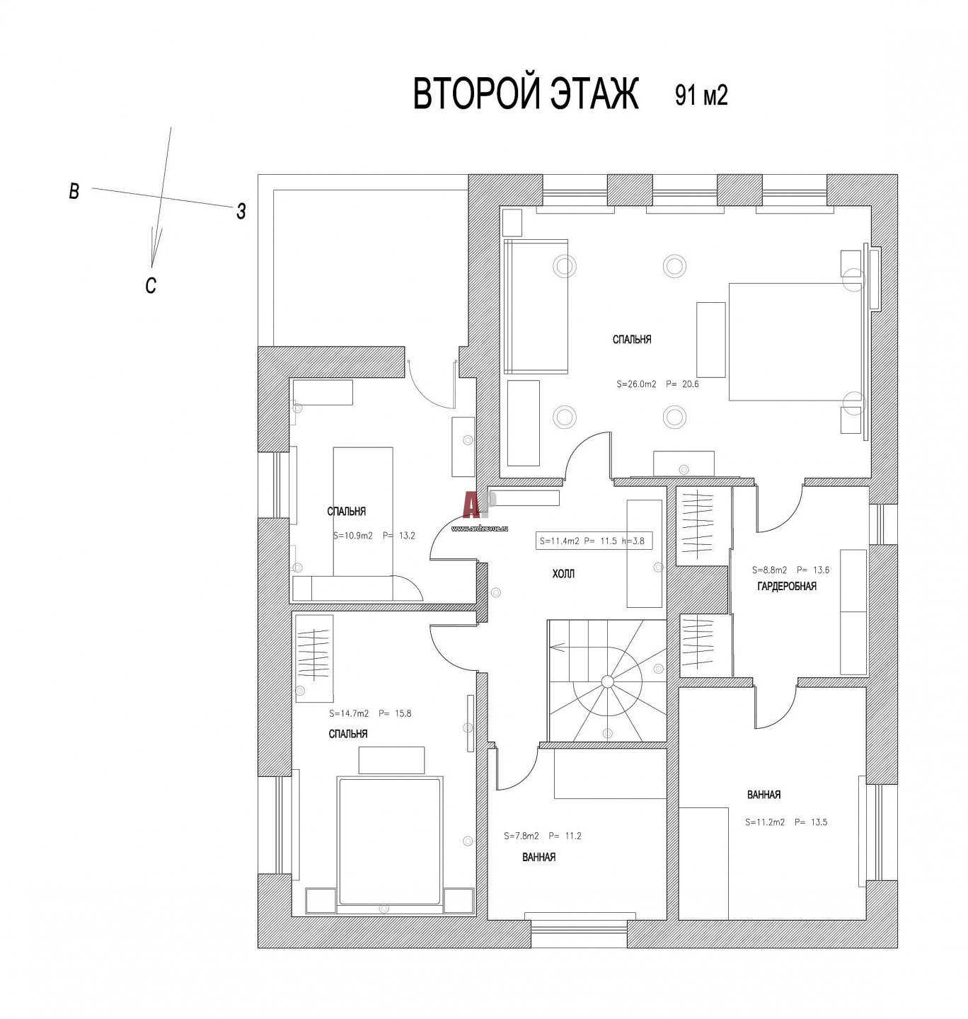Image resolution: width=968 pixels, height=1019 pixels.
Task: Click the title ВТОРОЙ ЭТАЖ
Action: point(525,94)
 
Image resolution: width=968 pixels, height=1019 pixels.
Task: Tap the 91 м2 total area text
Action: point(701,96)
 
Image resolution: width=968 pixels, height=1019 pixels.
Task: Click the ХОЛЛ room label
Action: point(563,575)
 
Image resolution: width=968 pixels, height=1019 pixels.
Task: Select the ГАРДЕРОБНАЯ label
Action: point(787,586)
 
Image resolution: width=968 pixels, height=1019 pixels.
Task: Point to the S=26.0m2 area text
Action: point(636,384)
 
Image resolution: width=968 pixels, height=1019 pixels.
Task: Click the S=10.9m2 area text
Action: point(352,536)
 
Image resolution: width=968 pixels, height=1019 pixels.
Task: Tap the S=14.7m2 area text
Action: point(349,713)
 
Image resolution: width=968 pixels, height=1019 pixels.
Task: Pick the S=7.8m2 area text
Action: point(521,836)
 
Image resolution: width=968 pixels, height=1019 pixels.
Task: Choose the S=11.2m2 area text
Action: point(765,822)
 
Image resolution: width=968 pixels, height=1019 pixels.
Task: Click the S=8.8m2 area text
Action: point(769,570)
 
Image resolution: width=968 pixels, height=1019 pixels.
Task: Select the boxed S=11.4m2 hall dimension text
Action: point(594,541)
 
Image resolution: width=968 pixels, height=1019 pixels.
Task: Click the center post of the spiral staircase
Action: point(607,681)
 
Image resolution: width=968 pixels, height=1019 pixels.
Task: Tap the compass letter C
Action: point(151,285)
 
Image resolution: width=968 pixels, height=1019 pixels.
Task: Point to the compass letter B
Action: point(74,191)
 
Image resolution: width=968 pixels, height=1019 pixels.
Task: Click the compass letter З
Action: point(241,212)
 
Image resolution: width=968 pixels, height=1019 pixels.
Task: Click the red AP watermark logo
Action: point(479,505)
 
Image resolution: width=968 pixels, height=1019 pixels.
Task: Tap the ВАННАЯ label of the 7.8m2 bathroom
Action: point(538,857)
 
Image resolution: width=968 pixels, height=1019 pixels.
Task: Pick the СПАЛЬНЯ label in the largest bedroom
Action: point(631,340)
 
